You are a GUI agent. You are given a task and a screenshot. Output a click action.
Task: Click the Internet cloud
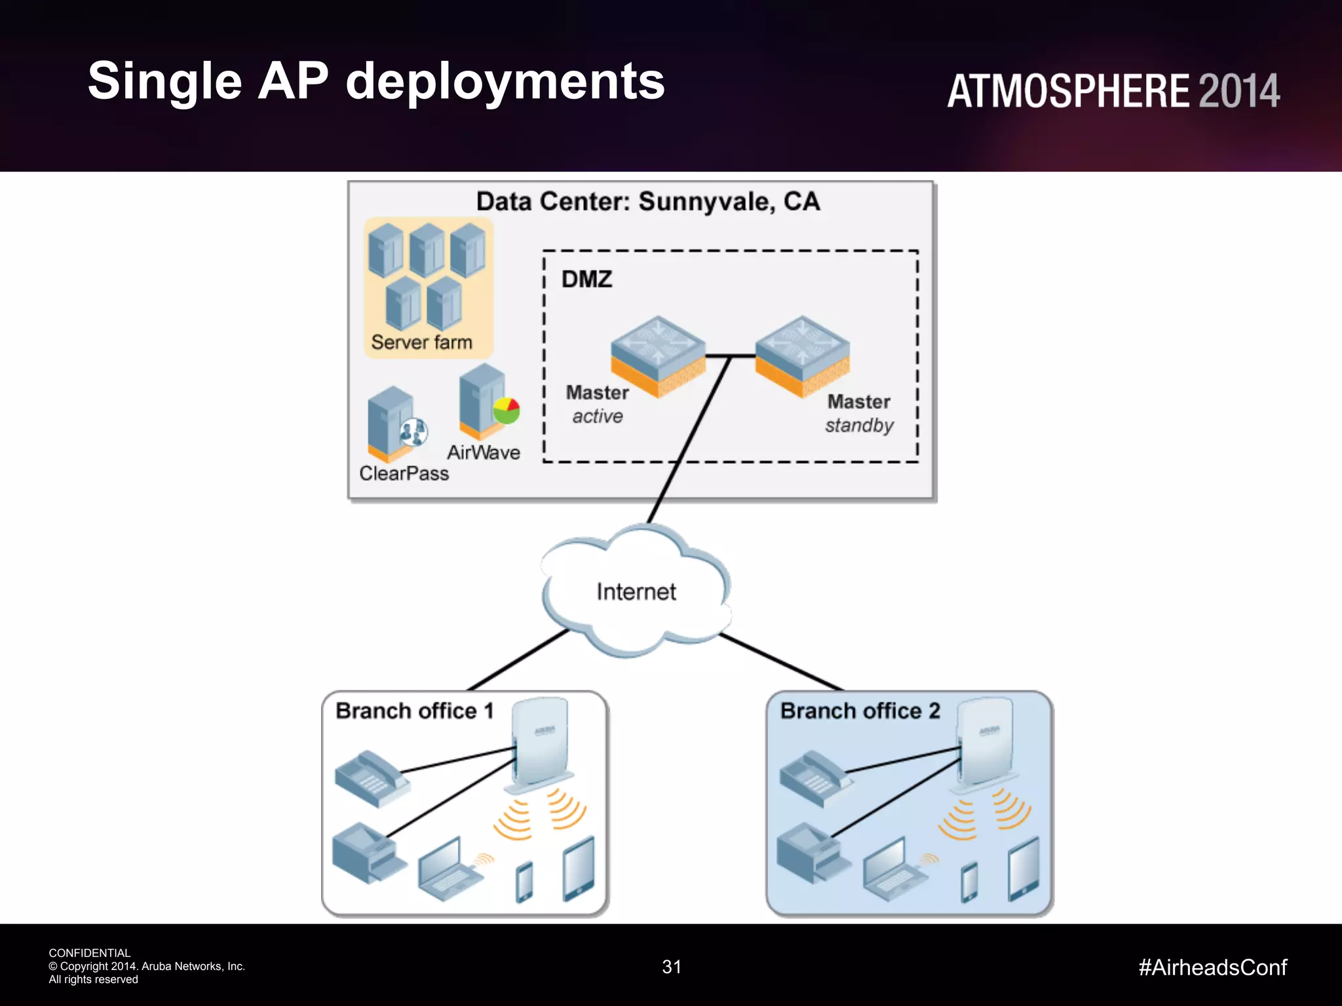[636, 591]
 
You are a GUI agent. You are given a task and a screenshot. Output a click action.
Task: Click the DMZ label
[586, 280]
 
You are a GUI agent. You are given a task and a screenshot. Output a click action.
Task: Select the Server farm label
[421, 342]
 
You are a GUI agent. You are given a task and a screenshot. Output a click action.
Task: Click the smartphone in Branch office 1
[524, 882]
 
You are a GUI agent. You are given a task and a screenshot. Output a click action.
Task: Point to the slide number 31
[672, 967]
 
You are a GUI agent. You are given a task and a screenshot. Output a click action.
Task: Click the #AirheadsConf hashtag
[1212, 967]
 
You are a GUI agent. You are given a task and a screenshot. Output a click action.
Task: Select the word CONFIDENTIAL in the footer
[90, 953]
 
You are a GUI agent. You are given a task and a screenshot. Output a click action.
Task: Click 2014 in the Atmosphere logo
[1238, 91]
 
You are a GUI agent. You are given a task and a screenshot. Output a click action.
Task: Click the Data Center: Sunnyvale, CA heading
[647, 202]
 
